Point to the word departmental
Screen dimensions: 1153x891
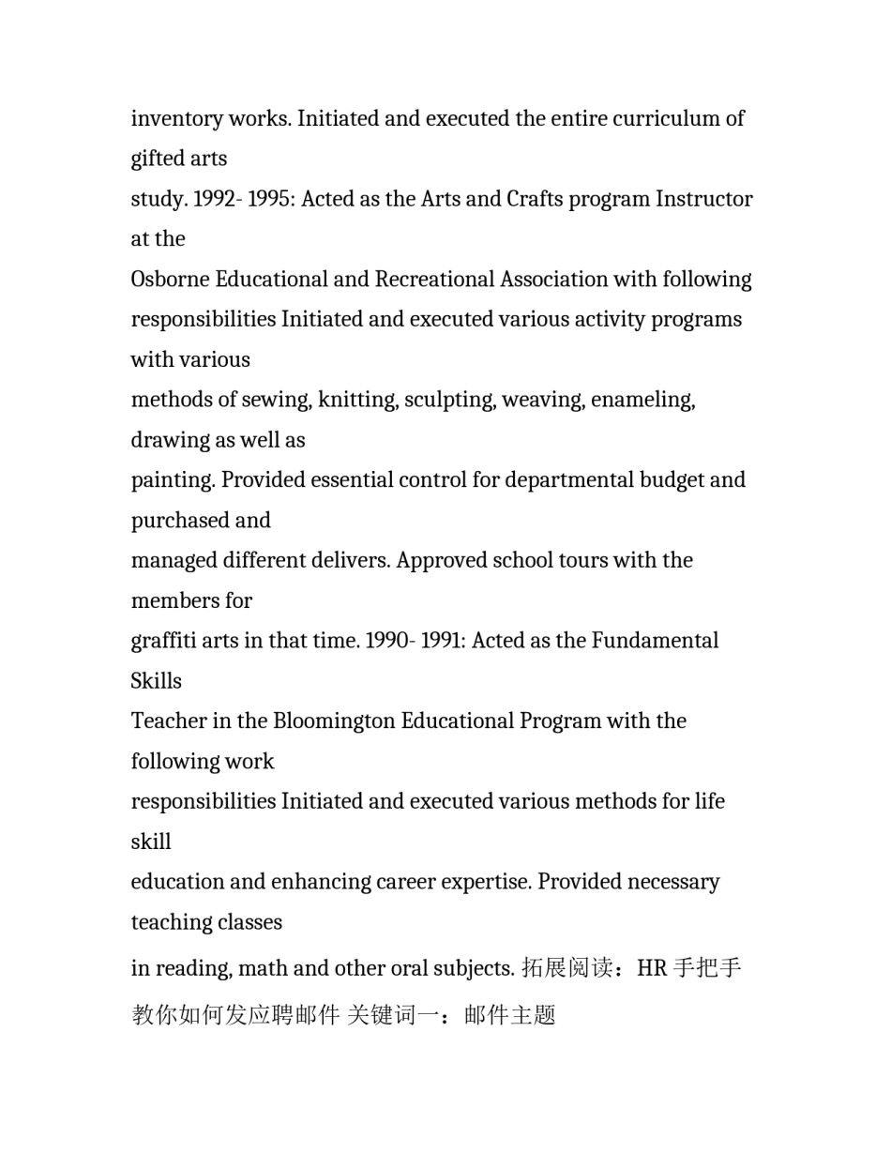pos(569,480)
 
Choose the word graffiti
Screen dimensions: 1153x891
pos(160,641)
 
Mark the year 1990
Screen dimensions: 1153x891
pos(388,641)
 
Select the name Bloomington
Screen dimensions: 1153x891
pos(334,721)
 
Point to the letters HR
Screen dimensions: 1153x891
pos(651,968)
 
